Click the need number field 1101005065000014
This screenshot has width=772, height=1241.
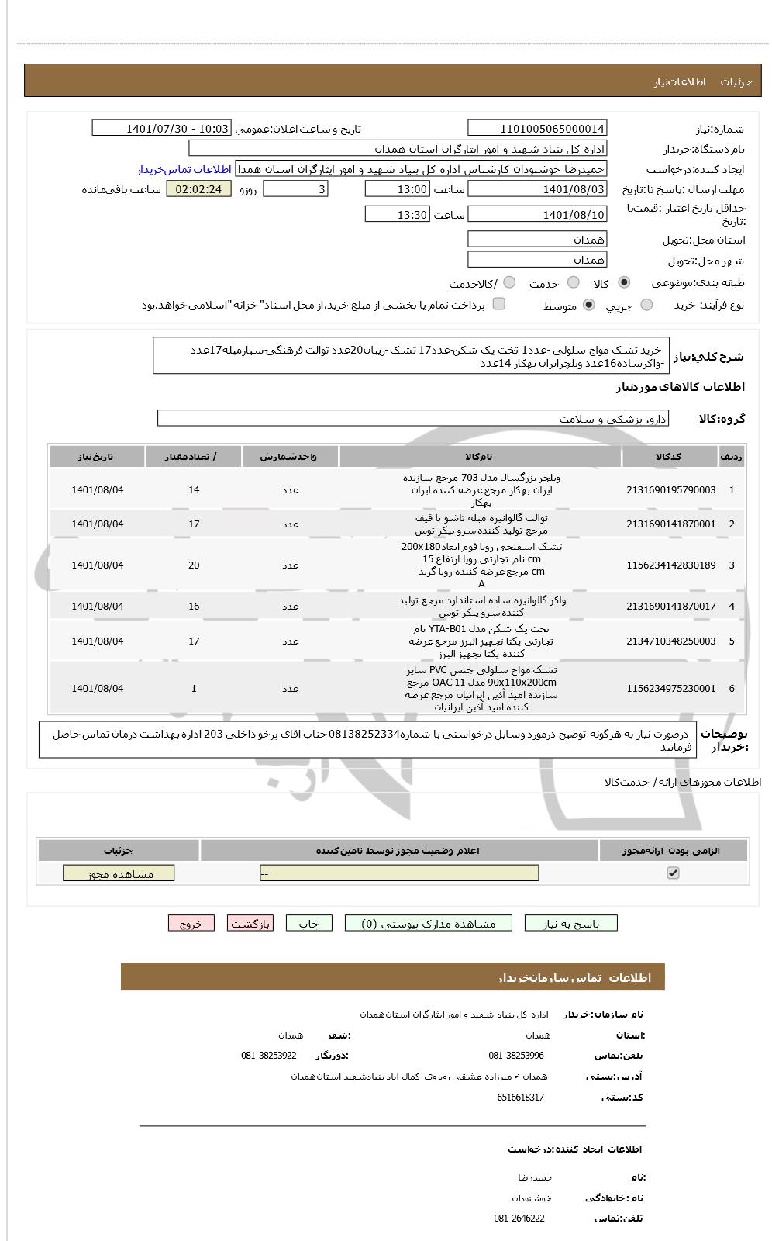point(537,129)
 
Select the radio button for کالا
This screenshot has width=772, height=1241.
point(625,283)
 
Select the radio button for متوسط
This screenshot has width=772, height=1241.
point(589,306)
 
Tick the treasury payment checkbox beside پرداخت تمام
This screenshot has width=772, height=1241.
point(499,304)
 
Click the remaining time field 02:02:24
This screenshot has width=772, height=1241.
point(198,189)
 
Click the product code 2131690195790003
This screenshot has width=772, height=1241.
point(670,490)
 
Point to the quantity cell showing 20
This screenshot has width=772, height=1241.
point(194,565)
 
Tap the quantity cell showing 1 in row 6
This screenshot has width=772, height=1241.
point(194,689)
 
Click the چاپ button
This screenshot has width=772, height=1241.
point(309,924)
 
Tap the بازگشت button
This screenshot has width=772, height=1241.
point(250,924)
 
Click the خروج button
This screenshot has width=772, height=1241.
point(191,924)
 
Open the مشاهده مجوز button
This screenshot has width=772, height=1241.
point(119,874)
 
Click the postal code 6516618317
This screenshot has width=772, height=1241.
point(520,1098)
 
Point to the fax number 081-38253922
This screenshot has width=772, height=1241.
point(268,1056)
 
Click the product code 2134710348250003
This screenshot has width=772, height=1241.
point(670,641)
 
